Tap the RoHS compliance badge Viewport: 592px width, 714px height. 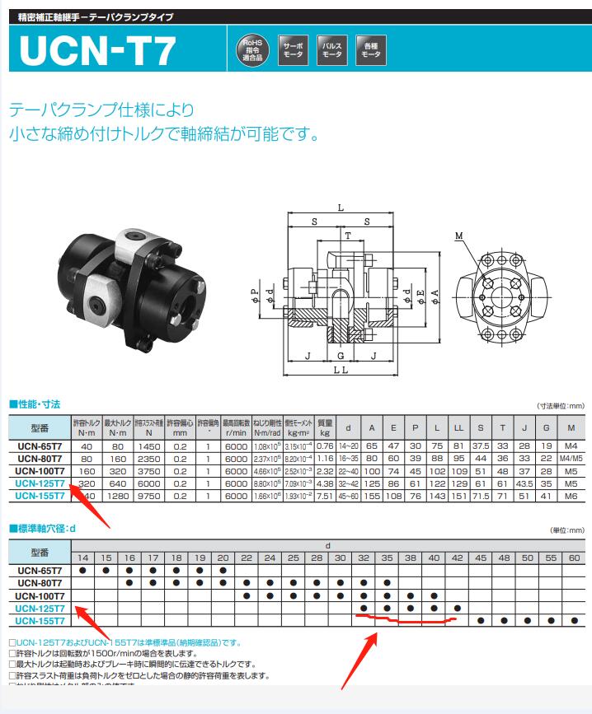coord(251,49)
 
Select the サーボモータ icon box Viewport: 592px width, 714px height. coord(293,49)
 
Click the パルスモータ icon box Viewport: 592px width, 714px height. coord(331,49)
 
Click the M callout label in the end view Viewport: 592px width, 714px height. coord(458,237)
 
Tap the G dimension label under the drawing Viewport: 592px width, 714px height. coord(341,356)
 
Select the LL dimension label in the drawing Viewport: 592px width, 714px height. coord(341,372)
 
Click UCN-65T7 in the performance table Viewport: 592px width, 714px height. coord(41,446)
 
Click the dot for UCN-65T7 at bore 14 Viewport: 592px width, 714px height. coord(82,570)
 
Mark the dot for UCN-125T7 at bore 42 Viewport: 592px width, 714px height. coord(457,608)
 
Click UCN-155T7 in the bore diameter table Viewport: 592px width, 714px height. coord(41,620)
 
